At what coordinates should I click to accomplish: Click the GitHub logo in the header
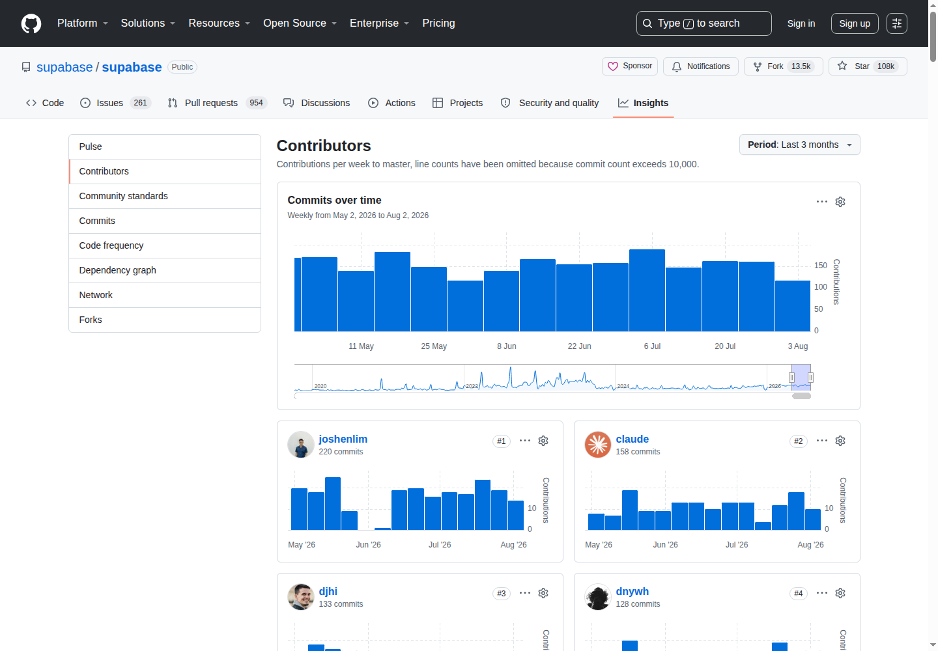pyautogui.click(x=31, y=23)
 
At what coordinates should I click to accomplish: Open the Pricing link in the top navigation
pyautogui.click(x=438, y=23)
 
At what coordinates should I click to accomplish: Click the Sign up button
pyautogui.click(x=854, y=23)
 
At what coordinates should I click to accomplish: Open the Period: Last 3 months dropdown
pyautogui.click(x=799, y=145)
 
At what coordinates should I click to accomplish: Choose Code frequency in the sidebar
pyautogui.click(x=111, y=245)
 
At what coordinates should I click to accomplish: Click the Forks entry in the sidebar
pyautogui.click(x=91, y=320)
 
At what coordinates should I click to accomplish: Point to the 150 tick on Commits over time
pyautogui.click(x=820, y=265)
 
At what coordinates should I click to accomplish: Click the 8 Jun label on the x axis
pyautogui.click(x=506, y=346)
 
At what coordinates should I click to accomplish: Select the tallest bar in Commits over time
pyautogui.click(x=647, y=290)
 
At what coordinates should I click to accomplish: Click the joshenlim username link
pyautogui.click(x=343, y=439)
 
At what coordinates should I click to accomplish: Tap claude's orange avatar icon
pyautogui.click(x=597, y=445)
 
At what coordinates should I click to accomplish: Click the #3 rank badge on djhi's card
pyautogui.click(x=502, y=593)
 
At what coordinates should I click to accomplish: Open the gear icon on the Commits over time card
pyautogui.click(x=840, y=202)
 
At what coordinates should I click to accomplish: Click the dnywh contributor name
pyautogui.click(x=632, y=591)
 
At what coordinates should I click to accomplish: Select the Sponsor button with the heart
pyautogui.click(x=629, y=66)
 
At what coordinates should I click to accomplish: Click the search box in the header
pyautogui.click(x=703, y=23)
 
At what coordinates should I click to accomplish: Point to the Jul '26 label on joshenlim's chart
pyautogui.click(x=440, y=545)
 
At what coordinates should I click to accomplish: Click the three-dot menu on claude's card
pyautogui.click(x=821, y=441)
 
